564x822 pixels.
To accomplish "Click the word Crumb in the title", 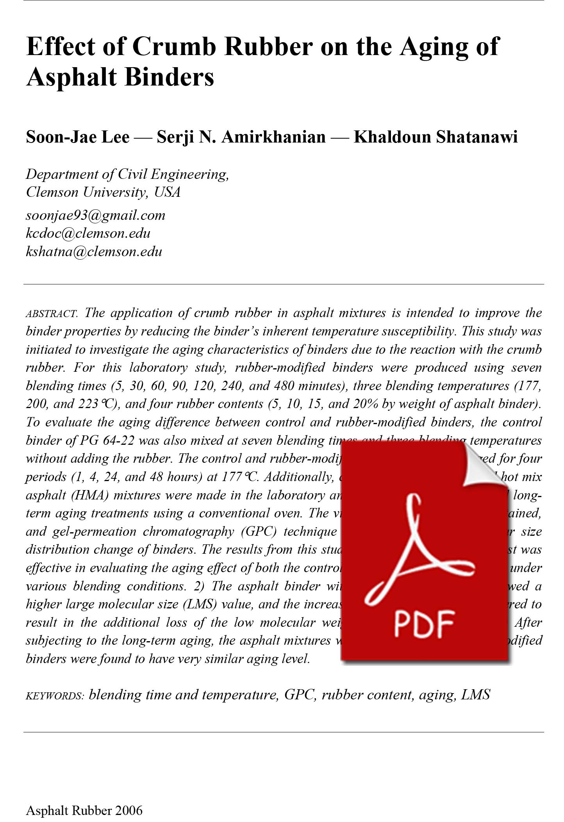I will click(x=174, y=46).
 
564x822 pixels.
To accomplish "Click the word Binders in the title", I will click(x=170, y=77).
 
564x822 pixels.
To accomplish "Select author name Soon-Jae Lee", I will click(x=77, y=137).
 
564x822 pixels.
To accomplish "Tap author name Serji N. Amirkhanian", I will click(x=241, y=137).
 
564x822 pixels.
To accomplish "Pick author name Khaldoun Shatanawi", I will click(x=435, y=137).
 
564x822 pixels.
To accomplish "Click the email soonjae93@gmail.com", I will click(x=95, y=215).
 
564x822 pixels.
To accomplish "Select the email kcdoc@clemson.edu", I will click(x=88, y=233).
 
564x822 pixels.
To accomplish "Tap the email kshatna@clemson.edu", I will click(x=94, y=251).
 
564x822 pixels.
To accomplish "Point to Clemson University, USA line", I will click(x=103, y=192).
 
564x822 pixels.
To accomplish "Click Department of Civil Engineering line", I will click(x=127, y=174).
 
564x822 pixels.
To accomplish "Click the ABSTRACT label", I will click(x=52, y=314).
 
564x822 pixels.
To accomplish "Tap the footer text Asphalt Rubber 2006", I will click(x=84, y=810).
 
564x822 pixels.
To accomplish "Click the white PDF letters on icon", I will click(x=424, y=624).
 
